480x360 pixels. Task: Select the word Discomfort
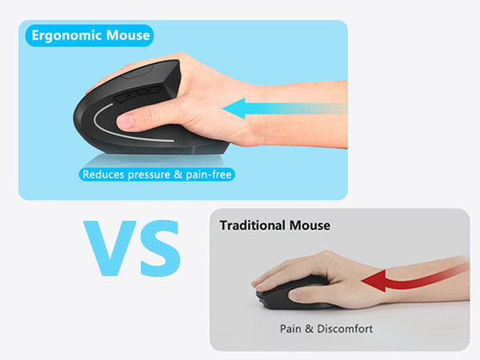pos(346,328)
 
